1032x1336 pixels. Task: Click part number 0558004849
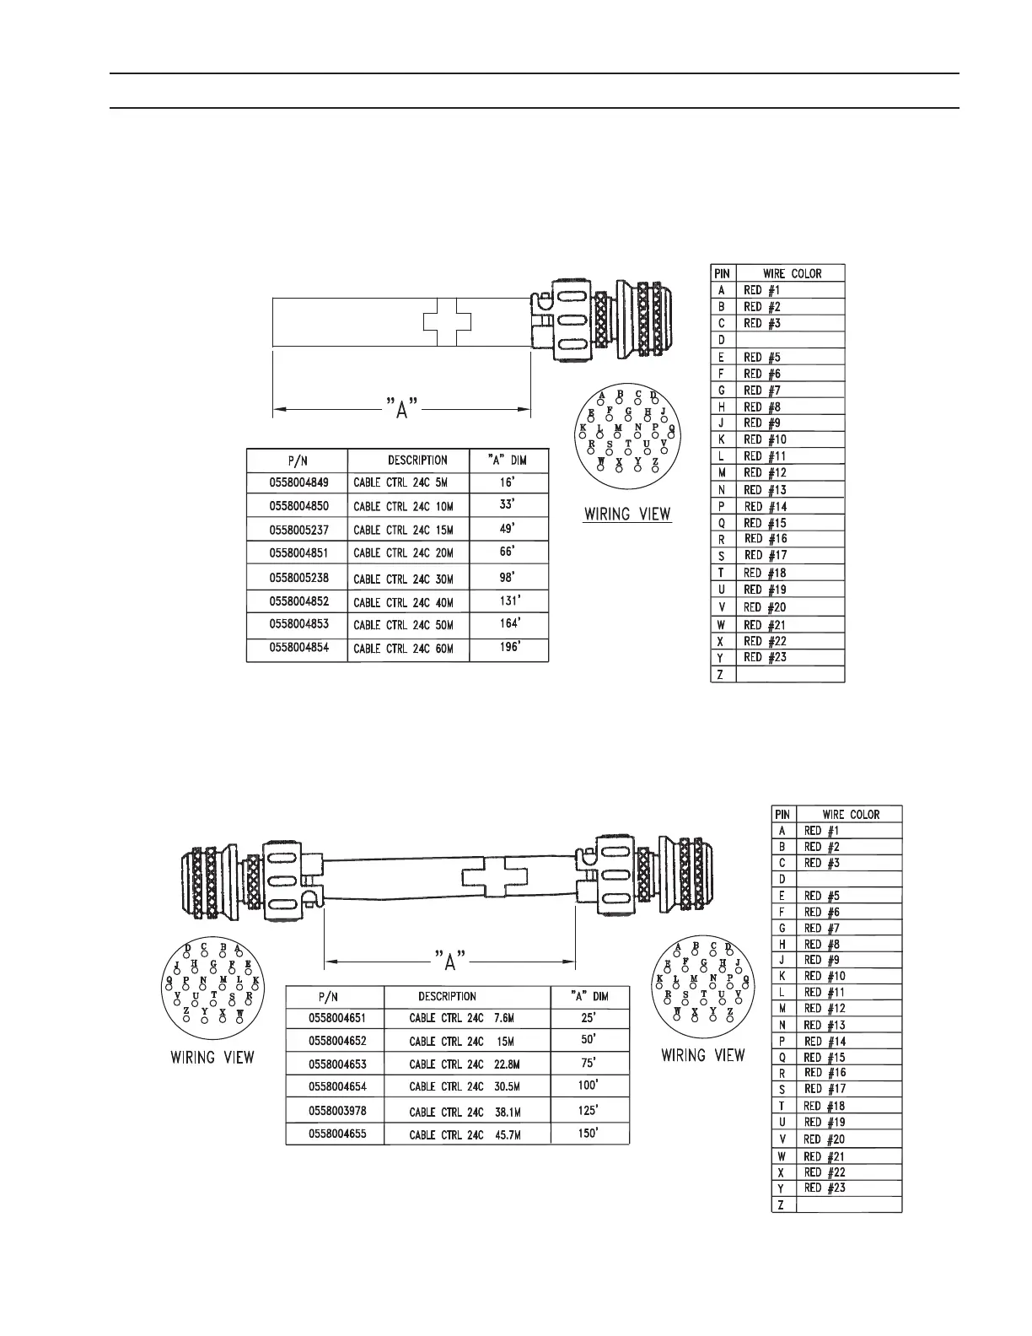coord(299,482)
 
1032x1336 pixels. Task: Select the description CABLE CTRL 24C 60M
coord(403,649)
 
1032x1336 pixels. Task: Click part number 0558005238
coord(299,578)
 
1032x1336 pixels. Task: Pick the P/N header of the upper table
coord(297,460)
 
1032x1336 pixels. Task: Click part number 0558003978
coord(337,1110)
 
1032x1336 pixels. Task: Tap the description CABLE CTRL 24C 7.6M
coord(461,1018)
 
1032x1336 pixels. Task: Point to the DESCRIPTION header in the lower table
coord(447,996)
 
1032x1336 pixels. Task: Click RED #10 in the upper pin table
coord(765,439)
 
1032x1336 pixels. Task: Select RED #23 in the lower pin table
coord(825,1188)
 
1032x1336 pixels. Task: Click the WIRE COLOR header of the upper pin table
coord(791,273)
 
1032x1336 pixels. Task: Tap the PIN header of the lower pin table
coord(782,815)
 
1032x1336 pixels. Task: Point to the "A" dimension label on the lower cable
coord(450,960)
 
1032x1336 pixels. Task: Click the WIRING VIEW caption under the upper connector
coord(627,514)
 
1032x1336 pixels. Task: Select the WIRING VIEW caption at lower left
coord(212,1057)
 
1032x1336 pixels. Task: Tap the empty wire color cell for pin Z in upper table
coord(790,674)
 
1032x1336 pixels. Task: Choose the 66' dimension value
coord(506,552)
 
